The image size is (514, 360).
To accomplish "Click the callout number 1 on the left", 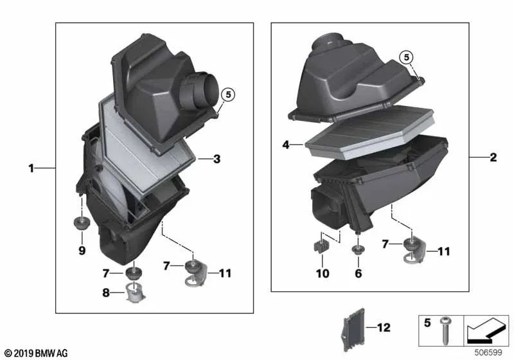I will pyautogui.click(x=30, y=150).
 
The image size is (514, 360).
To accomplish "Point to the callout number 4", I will pyautogui.click(x=286, y=145).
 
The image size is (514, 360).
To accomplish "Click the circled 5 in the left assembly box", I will pyautogui.click(x=228, y=95).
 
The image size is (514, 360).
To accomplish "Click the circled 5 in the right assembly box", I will pyautogui.click(x=405, y=57).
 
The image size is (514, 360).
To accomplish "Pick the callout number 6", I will pyautogui.click(x=359, y=274).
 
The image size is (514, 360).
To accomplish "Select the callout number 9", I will pyautogui.click(x=82, y=251).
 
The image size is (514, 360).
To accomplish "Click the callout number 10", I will pyautogui.click(x=323, y=274).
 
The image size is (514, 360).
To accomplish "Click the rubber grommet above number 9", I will pyautogui.click(x=82, y=225).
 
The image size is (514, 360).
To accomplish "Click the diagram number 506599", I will pyautogui.click(x=490, y=352).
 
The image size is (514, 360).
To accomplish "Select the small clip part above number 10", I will pyautogui.click(x=319, y=247).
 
